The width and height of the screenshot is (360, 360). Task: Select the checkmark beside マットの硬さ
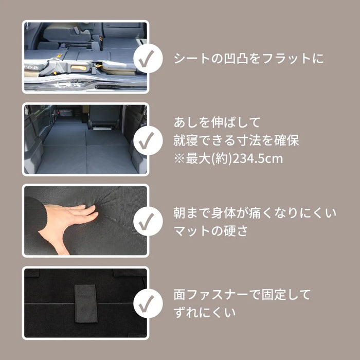point(148,222)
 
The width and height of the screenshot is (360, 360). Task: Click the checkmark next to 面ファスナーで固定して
point(148,303)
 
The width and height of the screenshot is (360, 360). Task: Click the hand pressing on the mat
point(67,221)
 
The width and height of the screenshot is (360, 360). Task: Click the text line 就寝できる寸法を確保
point(237,141)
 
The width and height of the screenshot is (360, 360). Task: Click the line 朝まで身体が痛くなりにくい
point(256,212)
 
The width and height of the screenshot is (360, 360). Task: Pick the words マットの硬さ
point(211,231)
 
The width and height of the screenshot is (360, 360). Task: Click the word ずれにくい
point(205,312)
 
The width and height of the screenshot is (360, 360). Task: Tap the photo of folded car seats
point(85,57)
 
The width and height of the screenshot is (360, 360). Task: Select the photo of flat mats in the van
point(85,139)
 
